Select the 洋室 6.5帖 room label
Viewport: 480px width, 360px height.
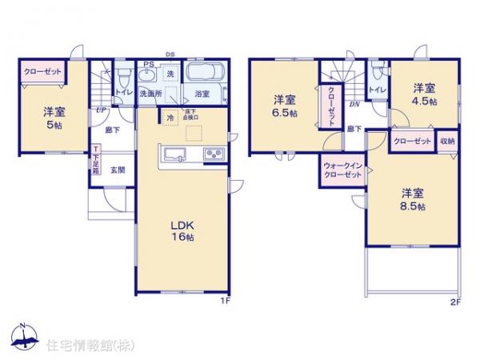coord(284,106)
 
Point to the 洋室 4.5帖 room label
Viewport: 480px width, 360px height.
coord(425,94)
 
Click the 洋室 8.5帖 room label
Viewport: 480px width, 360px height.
coord(413,199)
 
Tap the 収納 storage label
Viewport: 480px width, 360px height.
coord(446,141)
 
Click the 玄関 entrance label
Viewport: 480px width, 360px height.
coord(117,170)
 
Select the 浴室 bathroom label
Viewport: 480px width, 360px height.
coord(202,94)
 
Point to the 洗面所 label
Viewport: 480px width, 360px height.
coord(150,94)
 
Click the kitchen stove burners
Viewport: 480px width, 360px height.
coord(214,154)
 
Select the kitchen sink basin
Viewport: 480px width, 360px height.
coord(174,154)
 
